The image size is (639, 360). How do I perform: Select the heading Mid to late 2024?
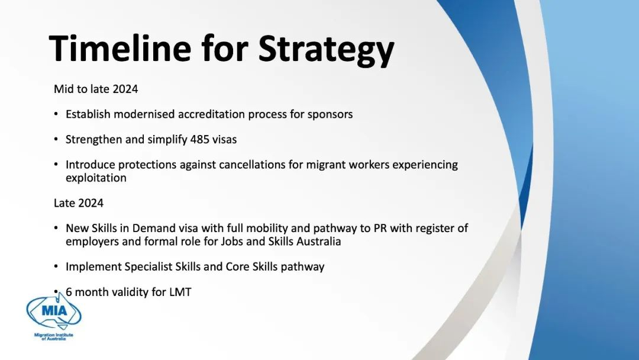pyautogui.click(x=96, y=89)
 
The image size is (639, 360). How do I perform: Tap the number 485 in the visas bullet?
pyautogui.click(x=200, y=139)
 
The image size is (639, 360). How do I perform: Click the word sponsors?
pyautogui.click(x=330, y=115)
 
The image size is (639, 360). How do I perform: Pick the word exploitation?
pyautogui.click(x=96, y=178)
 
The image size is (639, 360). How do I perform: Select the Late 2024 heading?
pyautogui.click(x=79, y=203)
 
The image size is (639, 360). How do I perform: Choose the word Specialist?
pyautogui.click(x=149, y=267)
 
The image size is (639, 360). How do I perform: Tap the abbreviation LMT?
pyautogui.click(x=180, y=292)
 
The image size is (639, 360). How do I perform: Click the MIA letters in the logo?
pyautogui.click(x=54, y=311)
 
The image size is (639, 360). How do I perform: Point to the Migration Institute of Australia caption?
pyautogui.click(x=53, y=337)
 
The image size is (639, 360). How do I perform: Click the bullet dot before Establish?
pyautogui.click(x=56, y=114)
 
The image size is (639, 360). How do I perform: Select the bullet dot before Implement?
pyautogui.click(x=56, y=266)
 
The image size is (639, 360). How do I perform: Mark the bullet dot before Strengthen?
pyautogui.click(x=56, y=139)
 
